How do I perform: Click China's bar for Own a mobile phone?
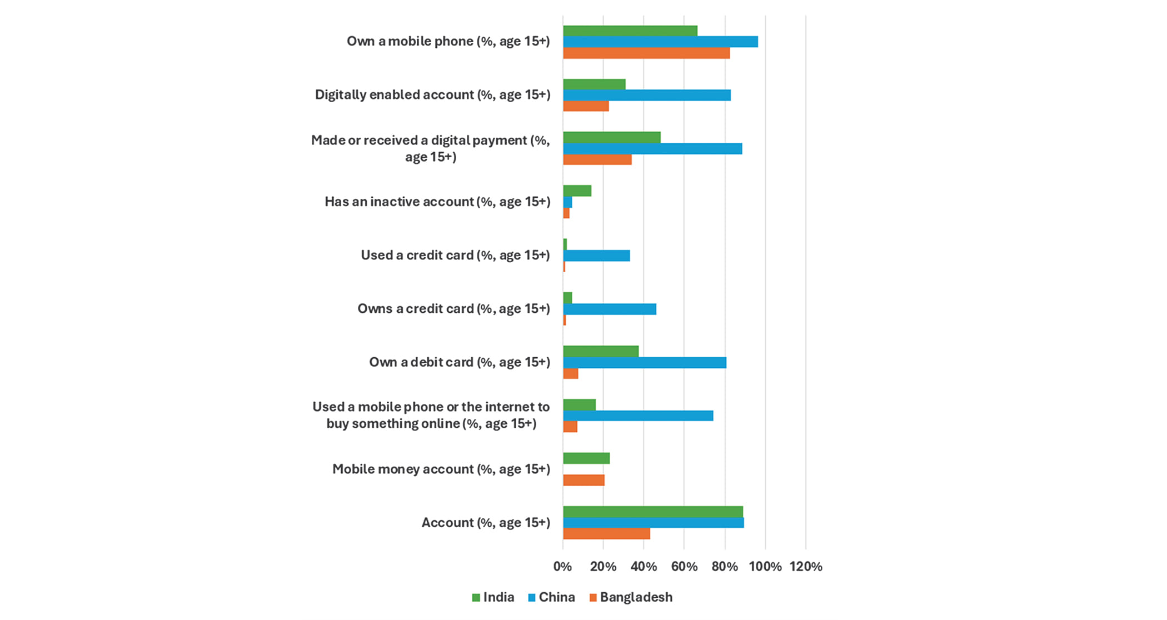(660, 42)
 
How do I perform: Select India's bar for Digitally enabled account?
(594, 84)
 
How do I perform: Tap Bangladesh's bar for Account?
(606, 534)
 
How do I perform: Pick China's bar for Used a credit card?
(596, 256)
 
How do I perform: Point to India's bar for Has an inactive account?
(577, 191)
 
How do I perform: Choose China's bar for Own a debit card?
(645, 363)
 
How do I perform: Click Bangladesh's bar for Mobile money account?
(583, 480)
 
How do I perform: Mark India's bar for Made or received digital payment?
(611, 137)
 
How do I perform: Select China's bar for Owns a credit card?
(610, 309)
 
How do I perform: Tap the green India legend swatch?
(476, 598)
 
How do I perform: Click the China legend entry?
(551, 598)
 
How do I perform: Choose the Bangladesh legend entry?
(631, 598)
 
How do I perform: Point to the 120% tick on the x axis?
(806, 567)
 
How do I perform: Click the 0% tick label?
(562, 567)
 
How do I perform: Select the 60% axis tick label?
(684, 567)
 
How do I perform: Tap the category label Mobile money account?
(441, 469)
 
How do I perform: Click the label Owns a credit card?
(453, 309)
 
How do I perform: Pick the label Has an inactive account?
(437, 202)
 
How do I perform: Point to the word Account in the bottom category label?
(447, 523)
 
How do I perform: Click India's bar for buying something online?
(579, 405)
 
